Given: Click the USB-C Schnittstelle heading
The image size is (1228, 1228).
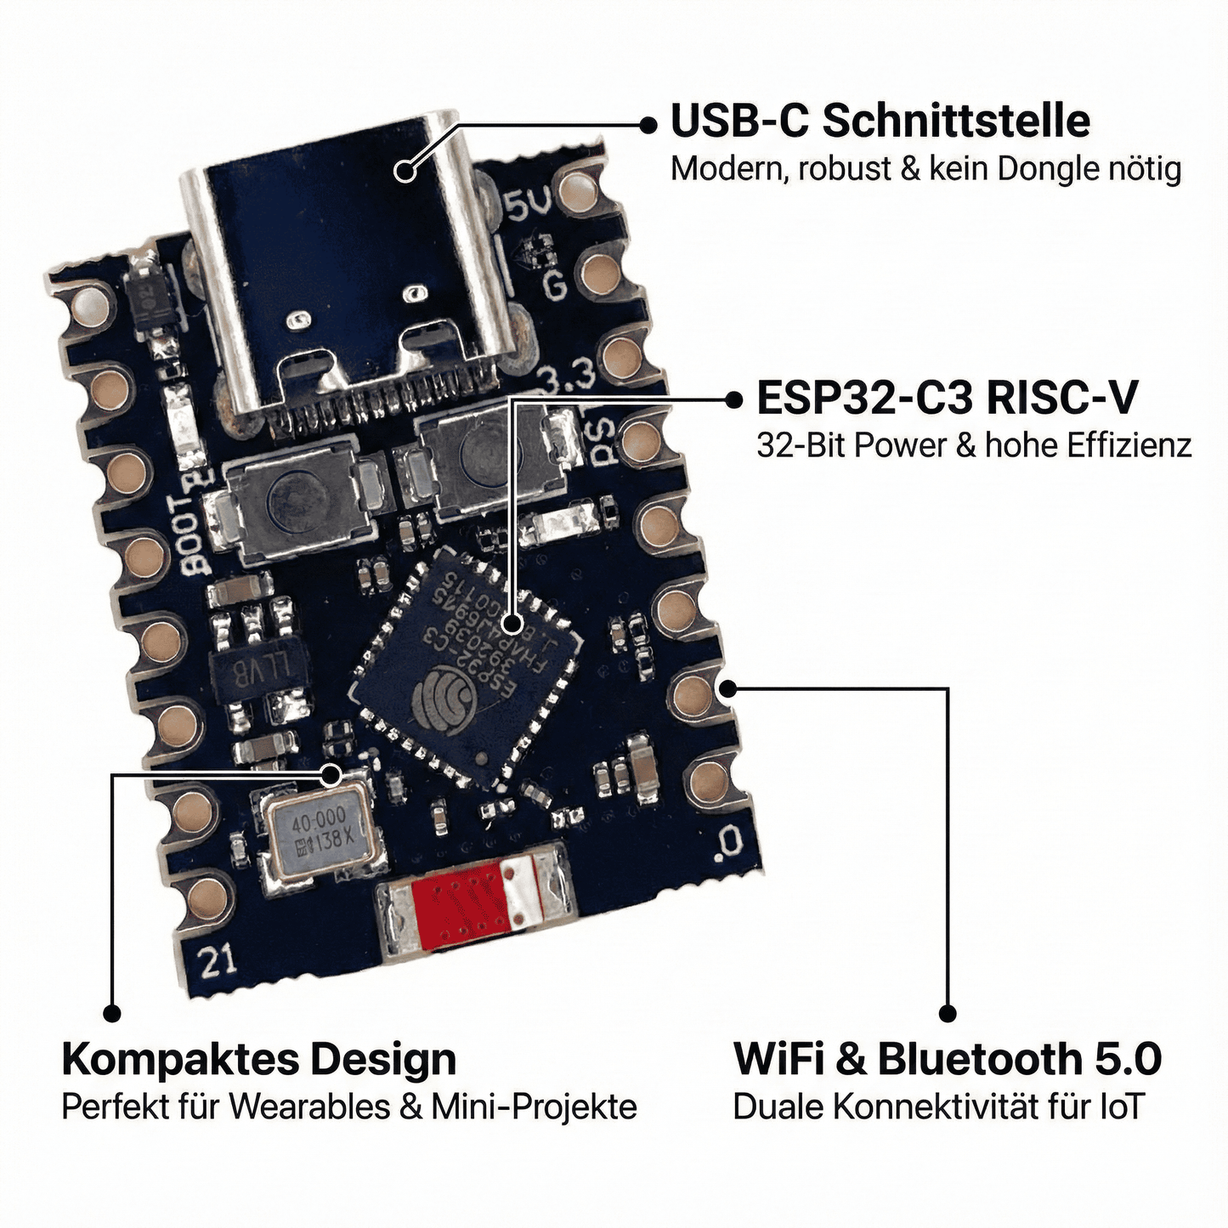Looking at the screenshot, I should (880, 121).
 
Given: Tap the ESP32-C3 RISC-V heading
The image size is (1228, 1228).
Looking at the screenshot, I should (946, 398).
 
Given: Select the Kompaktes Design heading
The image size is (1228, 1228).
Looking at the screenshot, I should (259, 1060).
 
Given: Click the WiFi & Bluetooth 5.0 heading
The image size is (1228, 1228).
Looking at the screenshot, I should (947, 1060).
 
